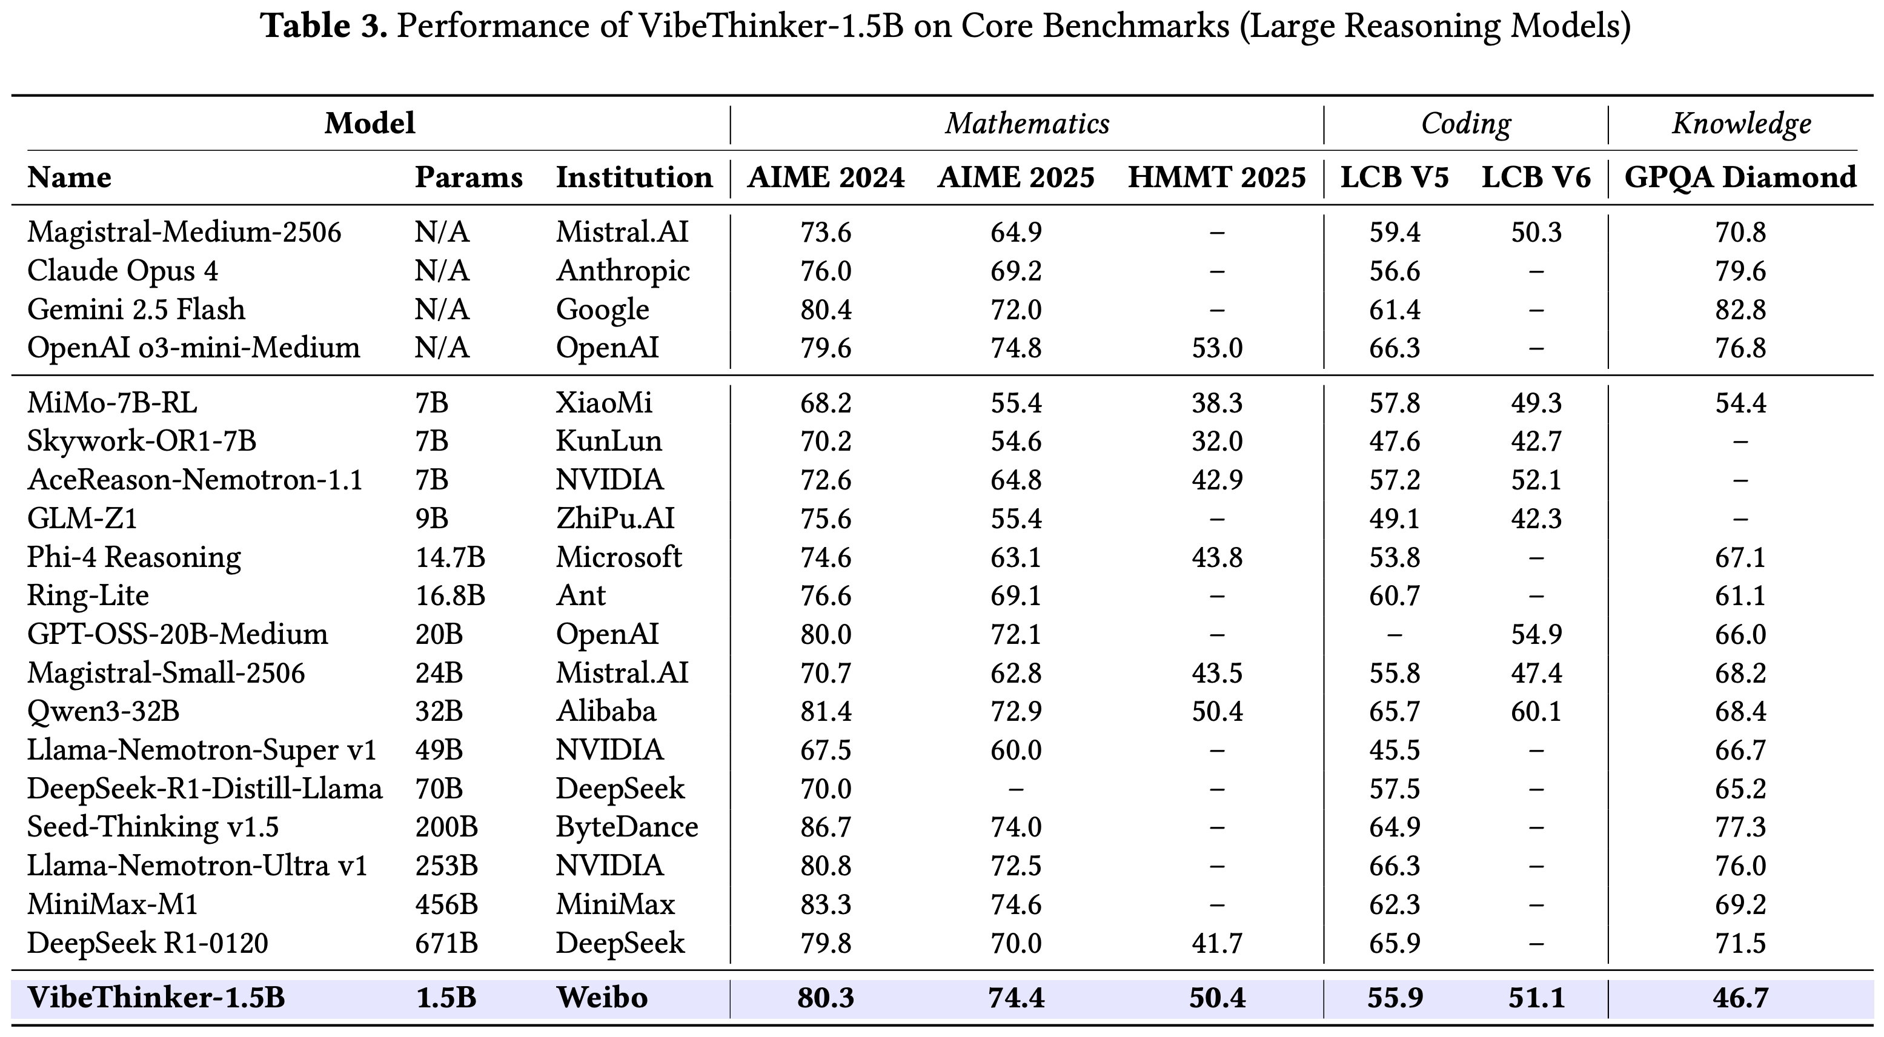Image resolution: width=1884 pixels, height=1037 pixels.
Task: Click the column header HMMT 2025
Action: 1216,177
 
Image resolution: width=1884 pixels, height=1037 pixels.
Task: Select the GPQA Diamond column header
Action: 1740,177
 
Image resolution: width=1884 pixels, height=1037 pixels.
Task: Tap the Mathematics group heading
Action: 1027,124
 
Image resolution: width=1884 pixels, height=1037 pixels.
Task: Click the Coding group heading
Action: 1465,124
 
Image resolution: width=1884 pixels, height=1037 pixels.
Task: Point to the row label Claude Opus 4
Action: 123,271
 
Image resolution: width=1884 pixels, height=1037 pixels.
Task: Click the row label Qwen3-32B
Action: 103,712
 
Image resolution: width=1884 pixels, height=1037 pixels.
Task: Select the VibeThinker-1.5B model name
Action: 156,998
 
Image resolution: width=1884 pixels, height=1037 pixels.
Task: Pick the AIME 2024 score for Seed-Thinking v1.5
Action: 826,827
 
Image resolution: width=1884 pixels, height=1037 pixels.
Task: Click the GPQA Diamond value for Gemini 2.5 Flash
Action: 1740,310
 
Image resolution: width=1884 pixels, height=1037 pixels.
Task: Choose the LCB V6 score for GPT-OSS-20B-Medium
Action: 1536,634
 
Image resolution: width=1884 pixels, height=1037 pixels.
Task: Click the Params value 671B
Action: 446,943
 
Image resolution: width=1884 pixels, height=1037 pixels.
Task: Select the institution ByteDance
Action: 627,827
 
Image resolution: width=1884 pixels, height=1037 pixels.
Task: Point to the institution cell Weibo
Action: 602,998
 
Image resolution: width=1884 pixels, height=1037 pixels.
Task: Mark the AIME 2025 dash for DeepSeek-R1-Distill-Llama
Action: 1016,789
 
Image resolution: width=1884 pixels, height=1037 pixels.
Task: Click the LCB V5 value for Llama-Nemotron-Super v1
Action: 1395,750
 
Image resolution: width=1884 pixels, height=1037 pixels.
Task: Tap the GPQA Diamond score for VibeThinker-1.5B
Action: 1740,998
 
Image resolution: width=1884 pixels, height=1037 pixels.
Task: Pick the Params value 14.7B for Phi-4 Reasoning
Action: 449,557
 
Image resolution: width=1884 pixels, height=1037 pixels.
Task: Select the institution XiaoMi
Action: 604,403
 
